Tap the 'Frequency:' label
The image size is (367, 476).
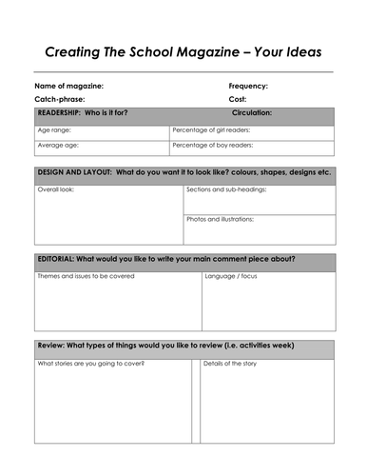coord(248,86)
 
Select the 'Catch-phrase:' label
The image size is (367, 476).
coord(60,99)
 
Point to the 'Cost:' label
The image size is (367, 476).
coord(238,99)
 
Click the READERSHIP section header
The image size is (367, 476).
coord(83,113)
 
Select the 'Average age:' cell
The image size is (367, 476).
coord(102,147)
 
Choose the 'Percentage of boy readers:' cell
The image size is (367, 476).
coord(252,147)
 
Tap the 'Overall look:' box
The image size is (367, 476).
coord(108,216)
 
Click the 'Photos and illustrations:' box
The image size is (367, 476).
coord(259,228)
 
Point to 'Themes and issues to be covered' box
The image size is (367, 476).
coord(117,301)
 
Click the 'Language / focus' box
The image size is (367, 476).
coord(267,301)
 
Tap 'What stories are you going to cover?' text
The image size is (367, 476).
coord(91,364)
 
